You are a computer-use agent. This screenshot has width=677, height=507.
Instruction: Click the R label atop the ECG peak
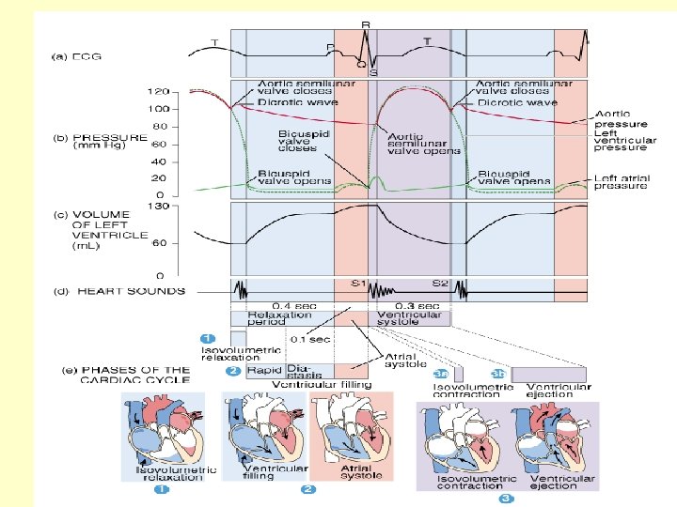click(x=365, y=23)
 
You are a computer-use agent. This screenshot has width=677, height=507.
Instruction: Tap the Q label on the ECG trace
click(x=360, y=64)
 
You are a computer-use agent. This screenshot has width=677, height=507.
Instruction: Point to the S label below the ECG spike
click(x=373, y=72)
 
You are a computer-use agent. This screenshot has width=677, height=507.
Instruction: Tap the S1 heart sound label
click(x=357, y=282)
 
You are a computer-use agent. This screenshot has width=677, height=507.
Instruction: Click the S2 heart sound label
click(x=439, y=282)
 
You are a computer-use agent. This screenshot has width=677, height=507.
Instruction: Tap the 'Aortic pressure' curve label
click(x=621, y=118)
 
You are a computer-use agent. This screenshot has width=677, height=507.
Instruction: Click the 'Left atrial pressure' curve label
click(x=621, y=181)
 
